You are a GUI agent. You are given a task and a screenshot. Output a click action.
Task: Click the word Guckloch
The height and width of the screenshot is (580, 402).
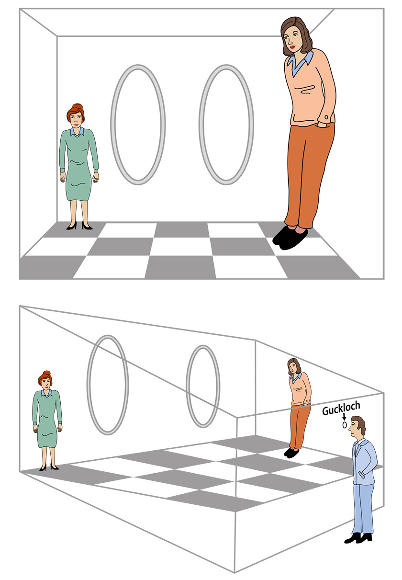coord(341,409)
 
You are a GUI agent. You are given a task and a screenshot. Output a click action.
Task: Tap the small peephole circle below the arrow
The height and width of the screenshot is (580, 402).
coord(344,425)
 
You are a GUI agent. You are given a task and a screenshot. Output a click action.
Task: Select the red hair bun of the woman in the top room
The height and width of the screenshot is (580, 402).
coord(78,107)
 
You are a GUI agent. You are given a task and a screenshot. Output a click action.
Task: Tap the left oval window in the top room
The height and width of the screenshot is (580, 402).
coord(138,125)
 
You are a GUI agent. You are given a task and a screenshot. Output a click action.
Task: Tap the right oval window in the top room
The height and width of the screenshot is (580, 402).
coord(226,125)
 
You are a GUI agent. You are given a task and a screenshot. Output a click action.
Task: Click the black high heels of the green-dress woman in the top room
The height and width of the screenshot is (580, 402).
coord(79,225)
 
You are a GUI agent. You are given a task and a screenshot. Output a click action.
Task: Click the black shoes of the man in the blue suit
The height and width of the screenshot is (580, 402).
coord(358,537)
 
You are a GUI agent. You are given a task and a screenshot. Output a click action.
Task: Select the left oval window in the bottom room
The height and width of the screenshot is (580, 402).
coord(107,385)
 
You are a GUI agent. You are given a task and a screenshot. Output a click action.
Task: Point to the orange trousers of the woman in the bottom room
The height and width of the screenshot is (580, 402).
coord(299,427)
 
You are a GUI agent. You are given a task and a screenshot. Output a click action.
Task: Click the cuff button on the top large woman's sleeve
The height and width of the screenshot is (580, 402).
coord(326,117)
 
